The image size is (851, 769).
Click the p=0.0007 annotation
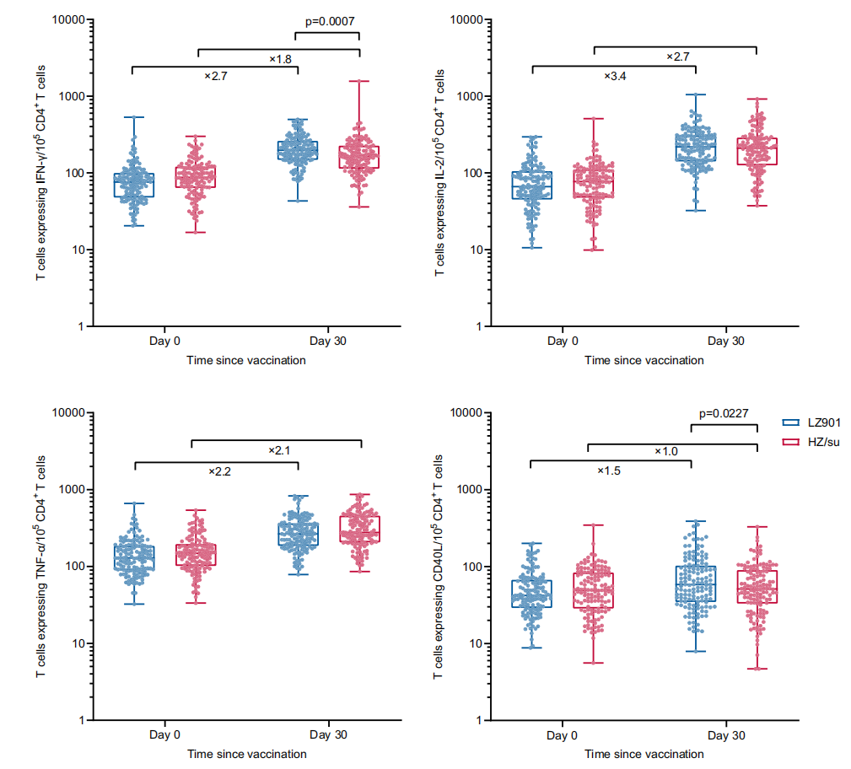[x=327, y=22]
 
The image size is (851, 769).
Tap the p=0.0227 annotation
[x=724, y=414]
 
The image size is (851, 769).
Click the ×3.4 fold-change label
[x=615, y=76]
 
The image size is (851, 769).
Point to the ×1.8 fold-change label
[x=280, y=59]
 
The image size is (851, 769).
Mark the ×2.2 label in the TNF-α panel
[x=218, y=471]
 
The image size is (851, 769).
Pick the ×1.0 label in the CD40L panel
[x=666, y=452]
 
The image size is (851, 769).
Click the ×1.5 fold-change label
[x=609, y=471]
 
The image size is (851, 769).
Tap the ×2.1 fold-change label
[x=278, y=450]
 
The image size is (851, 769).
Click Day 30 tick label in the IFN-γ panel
[x=328, y=341]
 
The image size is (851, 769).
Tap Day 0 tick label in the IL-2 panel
[x=563, y=341]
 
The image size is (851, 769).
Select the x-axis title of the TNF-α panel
[x=246, y=754]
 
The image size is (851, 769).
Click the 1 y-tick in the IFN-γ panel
[x=78, y=327]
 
